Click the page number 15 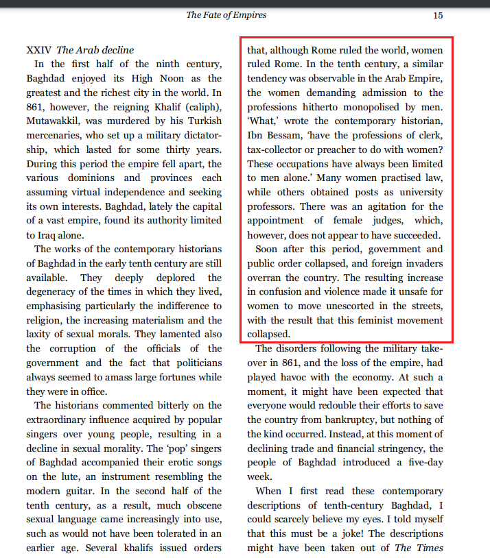[438, 14]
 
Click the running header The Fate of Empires [226, 14]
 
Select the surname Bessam [297, 136]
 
